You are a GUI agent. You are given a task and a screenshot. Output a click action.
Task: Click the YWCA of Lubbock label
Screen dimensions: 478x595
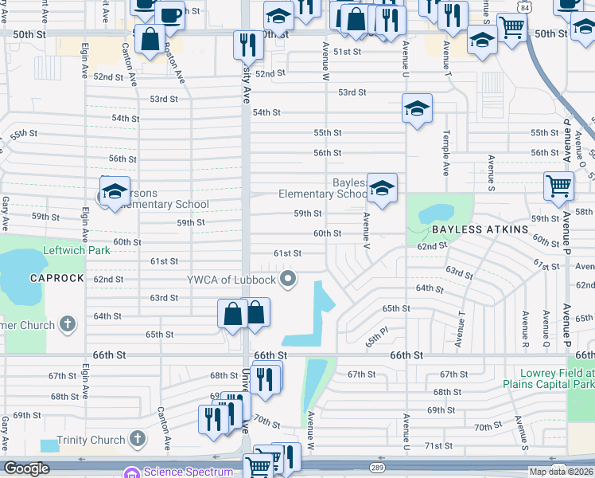click(231, 279)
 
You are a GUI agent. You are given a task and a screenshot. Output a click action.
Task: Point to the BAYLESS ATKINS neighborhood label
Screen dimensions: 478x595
click(480, 229)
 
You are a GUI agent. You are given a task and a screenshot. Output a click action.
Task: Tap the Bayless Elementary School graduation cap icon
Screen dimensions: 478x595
click(383, 189)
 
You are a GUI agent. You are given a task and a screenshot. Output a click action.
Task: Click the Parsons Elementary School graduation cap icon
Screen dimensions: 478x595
click(115, 192)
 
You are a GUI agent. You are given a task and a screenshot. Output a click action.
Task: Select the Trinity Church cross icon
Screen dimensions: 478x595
click(137, 439)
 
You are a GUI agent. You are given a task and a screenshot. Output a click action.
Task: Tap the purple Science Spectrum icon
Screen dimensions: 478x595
click(131, 472)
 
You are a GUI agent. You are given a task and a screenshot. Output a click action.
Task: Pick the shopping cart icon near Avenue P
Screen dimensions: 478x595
click(558, 186)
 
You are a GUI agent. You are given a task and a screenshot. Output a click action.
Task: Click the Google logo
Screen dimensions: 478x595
click(26, 468)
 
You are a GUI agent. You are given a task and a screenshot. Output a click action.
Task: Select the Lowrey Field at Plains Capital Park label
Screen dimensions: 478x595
click(557, 378)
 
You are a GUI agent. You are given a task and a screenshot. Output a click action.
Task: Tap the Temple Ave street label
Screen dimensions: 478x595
click(446, 152)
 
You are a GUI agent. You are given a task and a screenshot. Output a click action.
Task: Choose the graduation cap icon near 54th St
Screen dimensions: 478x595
click(416, 109)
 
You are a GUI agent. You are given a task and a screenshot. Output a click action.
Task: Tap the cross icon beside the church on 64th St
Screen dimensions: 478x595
click(68, 324)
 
